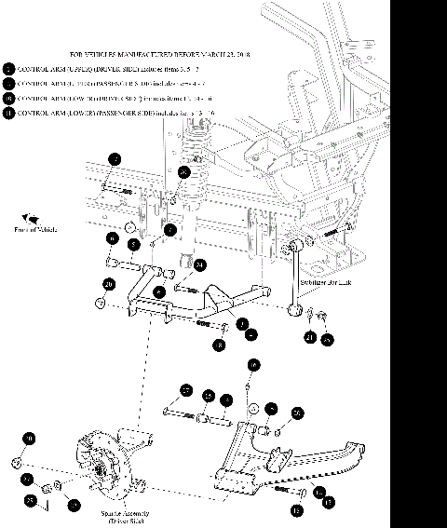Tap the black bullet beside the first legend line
(x=8, y=69)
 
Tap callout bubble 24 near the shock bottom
(x=199, y=264)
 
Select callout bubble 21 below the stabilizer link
(x=308, y=337)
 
